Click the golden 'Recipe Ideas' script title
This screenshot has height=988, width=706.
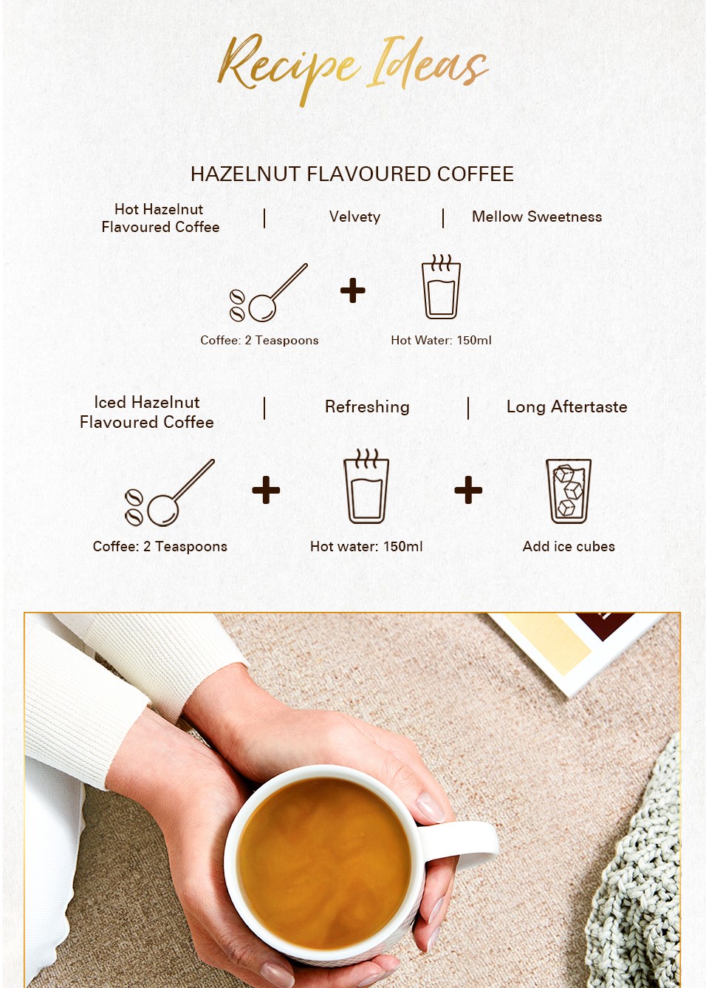tap(352, 69)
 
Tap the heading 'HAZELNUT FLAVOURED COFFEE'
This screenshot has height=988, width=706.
tap(352, 174)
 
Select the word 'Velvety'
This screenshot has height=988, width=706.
tap(354, 217)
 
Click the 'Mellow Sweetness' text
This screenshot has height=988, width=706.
tap(537, 217)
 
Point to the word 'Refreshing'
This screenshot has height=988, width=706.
tap(367, 407)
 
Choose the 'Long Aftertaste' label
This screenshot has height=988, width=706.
tap(566, 406)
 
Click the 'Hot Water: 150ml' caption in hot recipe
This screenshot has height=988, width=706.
tap(441, 340)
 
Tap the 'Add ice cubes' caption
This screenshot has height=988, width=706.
tap(569, 547)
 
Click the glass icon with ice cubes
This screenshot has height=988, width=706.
tap(569, 491)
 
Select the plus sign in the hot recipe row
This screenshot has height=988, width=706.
tap(353, 290)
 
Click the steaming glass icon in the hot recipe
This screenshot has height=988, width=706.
tap(441, 286)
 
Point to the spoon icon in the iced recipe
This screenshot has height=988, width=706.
tap(170, 493)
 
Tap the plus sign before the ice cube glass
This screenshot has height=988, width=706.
tap(468, 490)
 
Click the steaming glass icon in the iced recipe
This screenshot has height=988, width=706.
tap(366, 486)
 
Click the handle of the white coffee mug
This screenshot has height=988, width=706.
tap(463, 843)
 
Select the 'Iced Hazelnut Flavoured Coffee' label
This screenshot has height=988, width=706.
tap(147, 412)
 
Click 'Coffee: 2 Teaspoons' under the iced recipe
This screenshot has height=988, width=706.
tap(160, 547)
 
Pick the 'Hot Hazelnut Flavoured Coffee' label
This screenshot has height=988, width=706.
tap(160, 218)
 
